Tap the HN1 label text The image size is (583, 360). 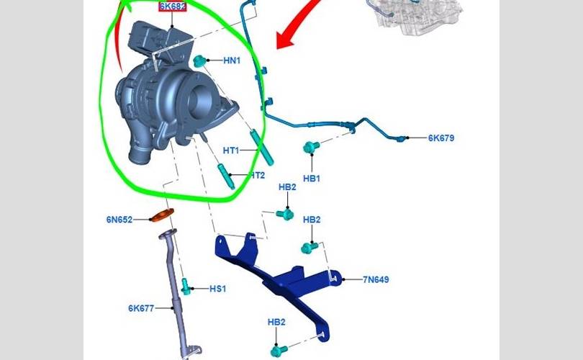pyautogui.click(x=231, y=62)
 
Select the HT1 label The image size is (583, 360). pyautogui.click(x=230, y=150)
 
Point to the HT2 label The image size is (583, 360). pyautogui.click(x=256, y=175)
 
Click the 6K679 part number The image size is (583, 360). pyautogui.click(x=441, y=138)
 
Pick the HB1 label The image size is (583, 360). pyautogui.click(x=312, y=178)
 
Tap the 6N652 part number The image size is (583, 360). pyautogui.click(x=119, y=220)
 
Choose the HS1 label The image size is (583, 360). pyautogui.click(x=217, y=289)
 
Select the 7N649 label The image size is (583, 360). pyautogui.click(x=375, y=279)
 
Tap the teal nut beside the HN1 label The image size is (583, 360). pyautogui.click(x=199, y=60)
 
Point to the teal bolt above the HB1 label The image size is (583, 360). pyautogui.click(x=311, y=148)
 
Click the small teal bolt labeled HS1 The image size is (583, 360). pyautogui.click(x=186, y=286)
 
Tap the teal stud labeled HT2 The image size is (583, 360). pyautogui.click(x=225, y=175)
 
